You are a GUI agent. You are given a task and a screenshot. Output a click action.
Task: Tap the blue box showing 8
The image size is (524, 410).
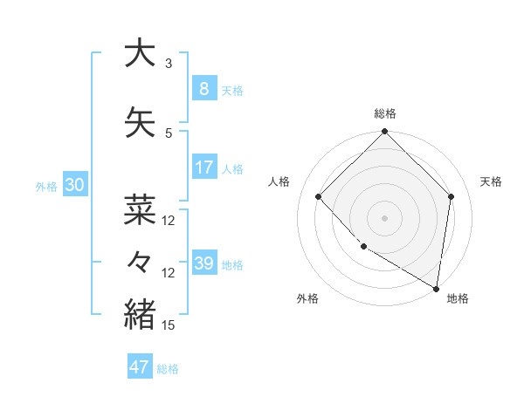(203, 89)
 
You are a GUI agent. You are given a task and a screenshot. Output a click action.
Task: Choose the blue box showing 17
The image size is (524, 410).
(203, 167)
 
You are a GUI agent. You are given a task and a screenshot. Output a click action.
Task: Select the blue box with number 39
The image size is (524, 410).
(203, 263)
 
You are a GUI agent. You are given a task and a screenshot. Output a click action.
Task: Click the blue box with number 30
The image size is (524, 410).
(74, 185)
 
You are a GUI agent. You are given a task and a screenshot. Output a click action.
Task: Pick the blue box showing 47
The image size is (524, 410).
(140, 367)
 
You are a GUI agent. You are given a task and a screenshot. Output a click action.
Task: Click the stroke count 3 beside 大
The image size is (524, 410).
(169, 64)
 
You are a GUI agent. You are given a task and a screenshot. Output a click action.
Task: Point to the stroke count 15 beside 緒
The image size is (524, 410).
(169, 325)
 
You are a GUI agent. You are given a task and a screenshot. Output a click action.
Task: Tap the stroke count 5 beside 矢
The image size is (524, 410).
(169, 133)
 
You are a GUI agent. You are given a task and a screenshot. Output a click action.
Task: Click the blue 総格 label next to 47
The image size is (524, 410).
(168, 369)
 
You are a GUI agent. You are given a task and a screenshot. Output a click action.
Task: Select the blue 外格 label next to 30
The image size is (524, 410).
(46, 187)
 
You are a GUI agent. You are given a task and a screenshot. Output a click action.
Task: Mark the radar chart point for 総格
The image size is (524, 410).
(384, 133)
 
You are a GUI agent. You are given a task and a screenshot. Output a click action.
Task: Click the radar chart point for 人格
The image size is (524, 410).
(319, 196)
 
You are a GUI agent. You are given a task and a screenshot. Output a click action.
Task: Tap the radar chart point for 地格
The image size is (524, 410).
(436, 288)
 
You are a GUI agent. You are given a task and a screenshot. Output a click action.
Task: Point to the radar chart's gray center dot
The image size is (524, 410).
(384, 217)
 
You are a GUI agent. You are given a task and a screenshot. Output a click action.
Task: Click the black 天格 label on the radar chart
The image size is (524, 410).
(491, 181)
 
